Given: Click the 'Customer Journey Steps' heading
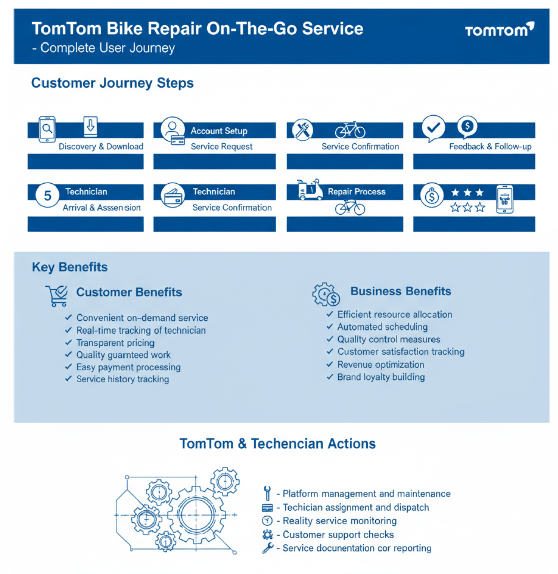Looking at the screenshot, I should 112,83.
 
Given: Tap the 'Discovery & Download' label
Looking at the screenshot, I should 101,147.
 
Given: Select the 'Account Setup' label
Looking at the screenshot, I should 219,131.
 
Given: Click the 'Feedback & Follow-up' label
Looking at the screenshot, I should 490,147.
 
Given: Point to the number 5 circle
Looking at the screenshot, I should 48,196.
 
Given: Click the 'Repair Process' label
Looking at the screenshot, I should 356,192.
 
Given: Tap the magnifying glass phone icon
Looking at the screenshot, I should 47,129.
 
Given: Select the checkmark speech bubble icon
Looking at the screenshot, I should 433,128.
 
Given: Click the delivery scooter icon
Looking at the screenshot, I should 309,190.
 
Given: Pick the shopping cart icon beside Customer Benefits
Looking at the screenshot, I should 57,296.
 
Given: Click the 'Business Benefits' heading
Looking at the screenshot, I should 400,291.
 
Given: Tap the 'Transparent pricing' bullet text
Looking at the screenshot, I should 115,343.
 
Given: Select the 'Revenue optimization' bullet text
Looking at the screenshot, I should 381,365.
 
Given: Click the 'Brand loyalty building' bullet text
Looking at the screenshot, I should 381,377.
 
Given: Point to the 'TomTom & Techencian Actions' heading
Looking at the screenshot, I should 278,444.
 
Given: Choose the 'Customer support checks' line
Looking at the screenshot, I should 338,535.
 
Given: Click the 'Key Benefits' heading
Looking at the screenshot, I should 70,267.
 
